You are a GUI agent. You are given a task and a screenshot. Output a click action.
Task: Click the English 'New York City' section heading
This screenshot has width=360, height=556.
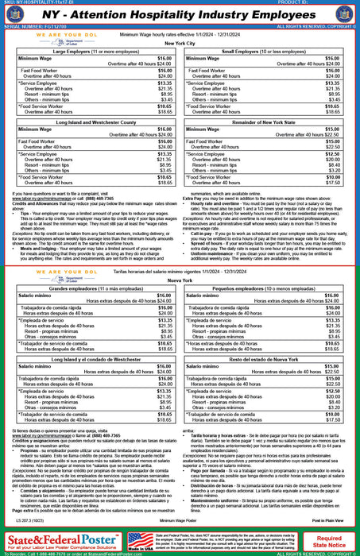tap(180, 44)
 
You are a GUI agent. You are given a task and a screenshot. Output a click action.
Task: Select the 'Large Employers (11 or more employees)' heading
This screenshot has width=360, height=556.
tap(93, 51)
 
